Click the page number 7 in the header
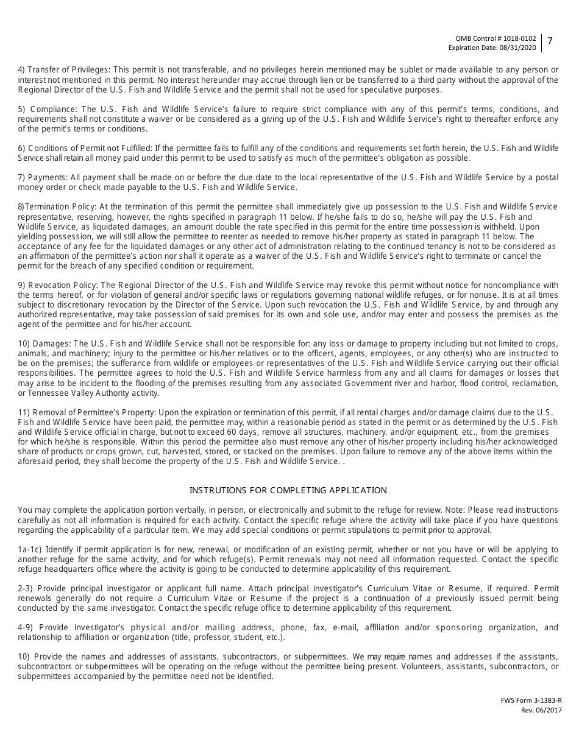[550, 41]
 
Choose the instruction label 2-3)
[26, 588]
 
